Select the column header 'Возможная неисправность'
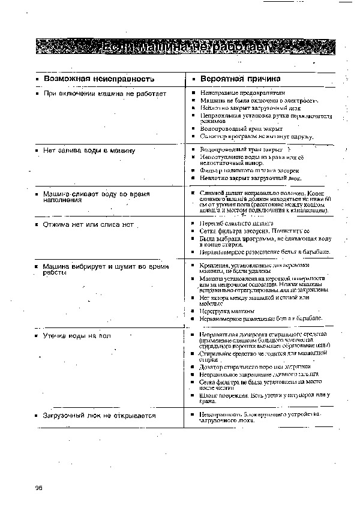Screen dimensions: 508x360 (100, 79)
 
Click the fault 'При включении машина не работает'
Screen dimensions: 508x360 (105, 94)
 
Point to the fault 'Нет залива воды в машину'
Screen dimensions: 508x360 (89, 150)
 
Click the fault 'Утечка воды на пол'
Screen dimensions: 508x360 (77, 336)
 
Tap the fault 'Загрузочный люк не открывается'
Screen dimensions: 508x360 (100, 415)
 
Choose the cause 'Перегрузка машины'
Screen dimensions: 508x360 (227, 311)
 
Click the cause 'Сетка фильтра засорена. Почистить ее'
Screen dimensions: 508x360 (255, 230)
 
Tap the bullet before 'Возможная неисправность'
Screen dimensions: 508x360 (37, 79)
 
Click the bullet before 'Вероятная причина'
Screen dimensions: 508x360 (193, 79)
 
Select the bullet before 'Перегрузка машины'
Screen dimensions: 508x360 (193, 311)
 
